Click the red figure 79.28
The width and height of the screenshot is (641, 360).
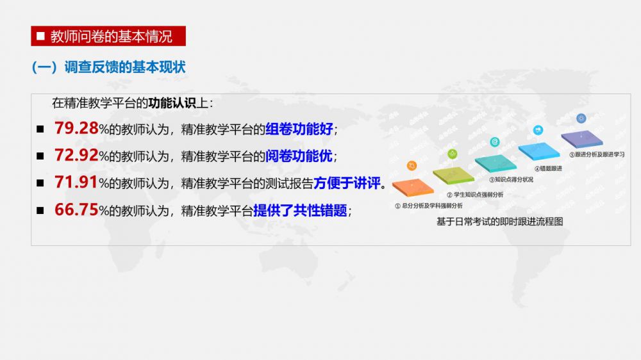click(x=76, y=128)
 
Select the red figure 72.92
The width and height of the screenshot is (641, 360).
click(x=76, y=155)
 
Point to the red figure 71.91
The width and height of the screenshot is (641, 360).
click(x=76, y=183)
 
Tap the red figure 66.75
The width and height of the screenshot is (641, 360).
click(x=76, y=209)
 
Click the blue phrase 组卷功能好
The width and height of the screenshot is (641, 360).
click(x=299, y=129)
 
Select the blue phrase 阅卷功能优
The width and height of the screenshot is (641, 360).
click(x=299, y=156)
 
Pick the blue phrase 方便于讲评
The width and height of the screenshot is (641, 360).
click(x=347, y=183)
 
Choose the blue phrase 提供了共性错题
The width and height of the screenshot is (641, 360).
click(x=300, y=211)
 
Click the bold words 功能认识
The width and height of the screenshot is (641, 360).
click(x=172, y=103)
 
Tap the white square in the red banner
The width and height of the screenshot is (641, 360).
click(x=40, y=36)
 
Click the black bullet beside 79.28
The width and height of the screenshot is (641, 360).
click(x=40, y=129)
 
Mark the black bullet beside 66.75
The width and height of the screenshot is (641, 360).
click(x=40, y=211)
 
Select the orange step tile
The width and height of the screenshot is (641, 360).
click(x=413, y=188)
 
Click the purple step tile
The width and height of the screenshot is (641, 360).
click(x=582, y=138)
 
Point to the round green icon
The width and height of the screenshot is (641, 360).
click(x=452, y=154)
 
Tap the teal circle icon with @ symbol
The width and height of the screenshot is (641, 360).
click(x=495, y=142)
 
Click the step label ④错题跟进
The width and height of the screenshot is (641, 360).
click(x=548, y=168)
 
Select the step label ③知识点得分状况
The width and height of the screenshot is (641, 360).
click(x=511, y=179)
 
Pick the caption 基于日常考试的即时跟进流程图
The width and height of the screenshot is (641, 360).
click(x=499, y=222)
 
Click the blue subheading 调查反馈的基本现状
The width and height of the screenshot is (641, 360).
click(x=125, y=67)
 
